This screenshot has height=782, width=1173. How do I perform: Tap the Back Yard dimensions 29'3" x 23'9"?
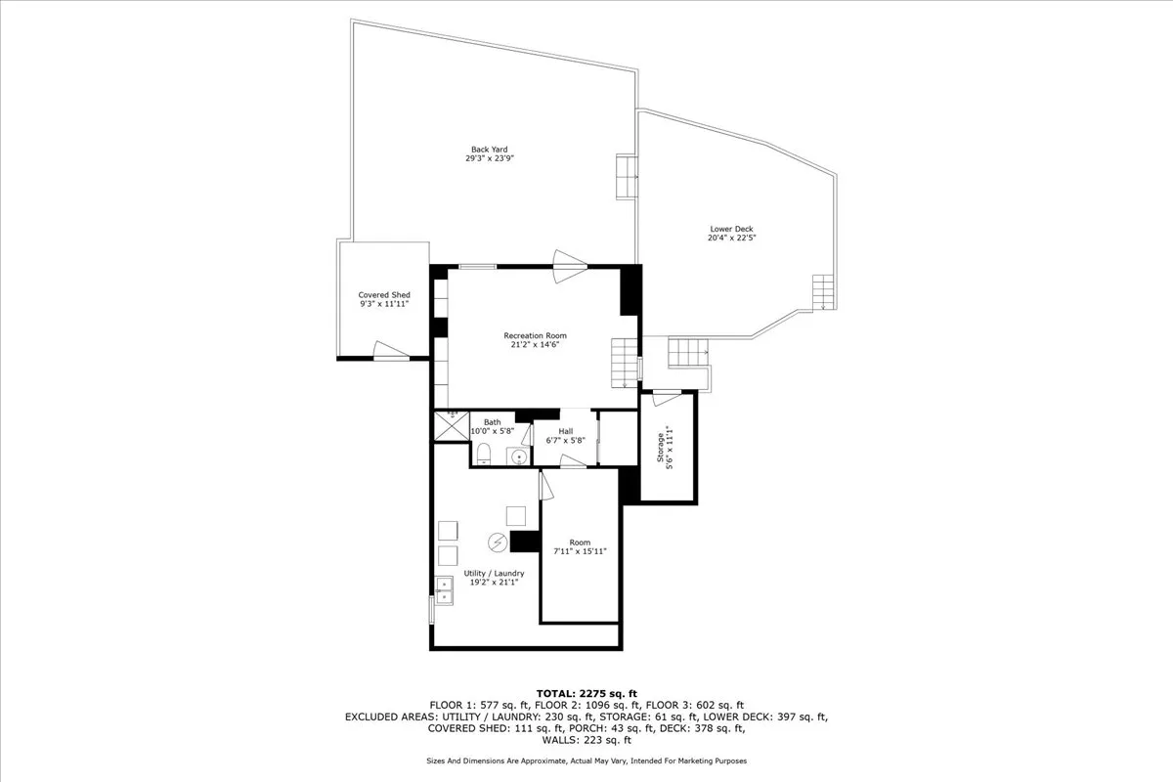pos(490,158)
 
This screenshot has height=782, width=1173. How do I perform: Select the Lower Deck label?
pos(731,229)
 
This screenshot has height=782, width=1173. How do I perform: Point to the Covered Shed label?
pos(384,295)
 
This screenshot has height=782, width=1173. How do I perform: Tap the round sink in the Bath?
pos(519,456)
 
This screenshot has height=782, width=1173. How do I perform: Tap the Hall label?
pos(565,431)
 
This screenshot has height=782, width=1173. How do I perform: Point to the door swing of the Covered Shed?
pos(390,349)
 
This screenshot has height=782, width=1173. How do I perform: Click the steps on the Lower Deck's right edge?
pos(823,291)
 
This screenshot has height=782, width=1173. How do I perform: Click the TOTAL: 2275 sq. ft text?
pos(586,693)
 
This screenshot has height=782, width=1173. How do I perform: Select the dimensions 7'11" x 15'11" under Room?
pos(580,551)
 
